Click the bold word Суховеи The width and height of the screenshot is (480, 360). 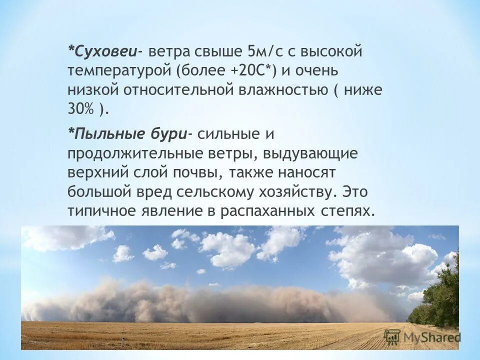(x=105, y=51)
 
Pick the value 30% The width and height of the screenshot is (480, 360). (x=81, y=109)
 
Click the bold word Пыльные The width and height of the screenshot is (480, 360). (x=103, y=134)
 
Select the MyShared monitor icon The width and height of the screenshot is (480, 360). (x=392, y=336)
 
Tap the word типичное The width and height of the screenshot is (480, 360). (x=101, y=211)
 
